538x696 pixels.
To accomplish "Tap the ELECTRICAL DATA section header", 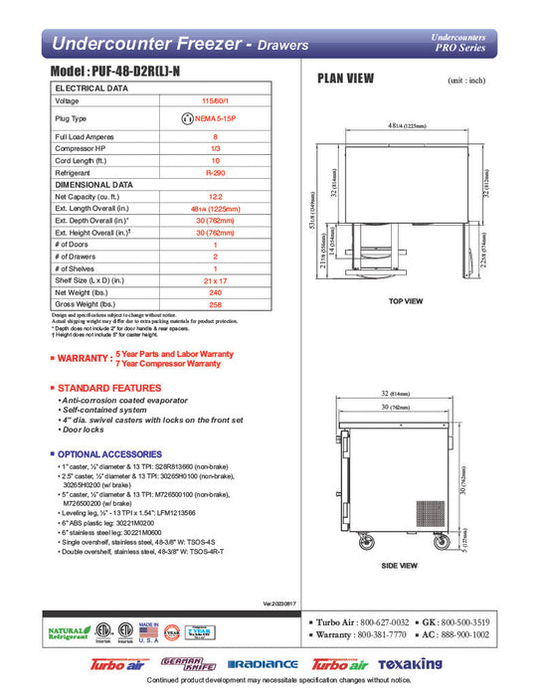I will (90, 87).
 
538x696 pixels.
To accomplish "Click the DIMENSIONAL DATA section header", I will (93, 184).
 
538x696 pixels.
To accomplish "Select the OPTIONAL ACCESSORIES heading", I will (117, 453).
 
